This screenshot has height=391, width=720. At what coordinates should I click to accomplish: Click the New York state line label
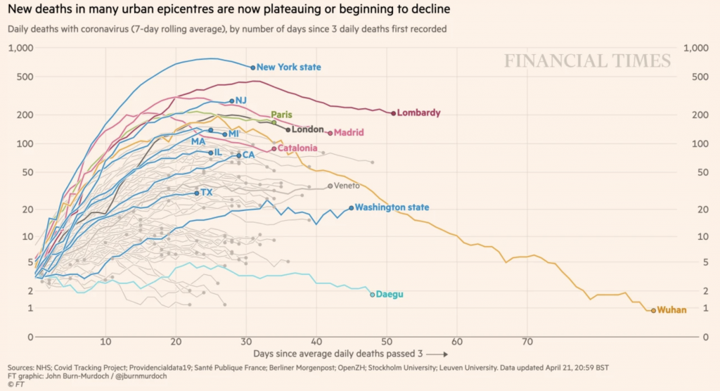coord(288,68)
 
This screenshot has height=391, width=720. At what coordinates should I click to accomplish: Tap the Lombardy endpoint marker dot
coord(393,113)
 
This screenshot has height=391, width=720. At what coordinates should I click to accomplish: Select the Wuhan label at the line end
coord(671,310)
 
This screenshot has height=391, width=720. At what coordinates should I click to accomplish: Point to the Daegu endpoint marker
coord(373,294)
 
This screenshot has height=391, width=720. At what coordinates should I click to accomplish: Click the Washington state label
coord(392,207)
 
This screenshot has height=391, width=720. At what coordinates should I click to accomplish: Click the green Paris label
coord(281,115)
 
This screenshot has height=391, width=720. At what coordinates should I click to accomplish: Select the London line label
coord(307,129)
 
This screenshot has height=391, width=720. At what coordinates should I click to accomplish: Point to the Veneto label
coord(347,186)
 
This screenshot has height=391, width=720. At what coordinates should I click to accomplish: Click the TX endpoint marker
coord(197,193)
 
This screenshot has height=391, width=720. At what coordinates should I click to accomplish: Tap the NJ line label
coord(241,101)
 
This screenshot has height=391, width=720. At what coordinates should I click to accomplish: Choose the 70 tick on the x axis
coord(527,342)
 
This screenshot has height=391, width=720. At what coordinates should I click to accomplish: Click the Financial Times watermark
coord(587,61)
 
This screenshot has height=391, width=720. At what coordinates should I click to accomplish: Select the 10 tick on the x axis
coord(105,342)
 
